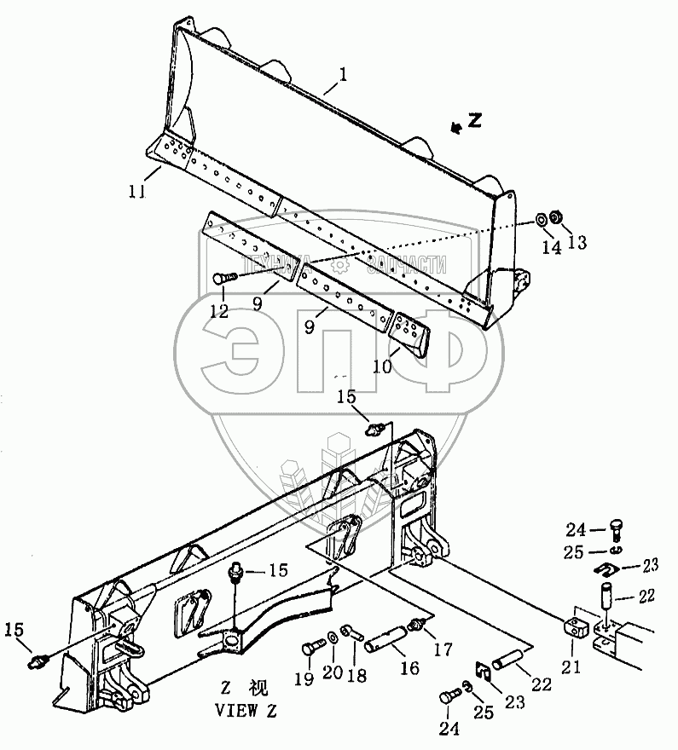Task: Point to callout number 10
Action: pos(381,366)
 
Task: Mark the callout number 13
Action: pos(577,243)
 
